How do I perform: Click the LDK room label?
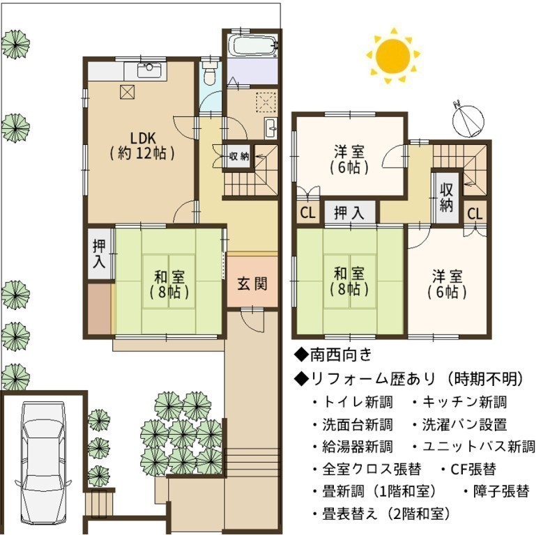[x=142, y=146]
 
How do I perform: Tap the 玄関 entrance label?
[x=252, y=284]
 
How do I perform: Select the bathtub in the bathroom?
[x=254, y=46]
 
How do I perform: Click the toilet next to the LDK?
[x=209, y=74]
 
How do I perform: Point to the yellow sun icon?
[x=393, y=55]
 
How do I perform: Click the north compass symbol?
[x=468, y=120]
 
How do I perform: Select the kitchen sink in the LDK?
[x=149, y=70]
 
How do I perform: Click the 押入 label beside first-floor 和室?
[x=100, y=254]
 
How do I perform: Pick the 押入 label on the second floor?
[x=349, y=212]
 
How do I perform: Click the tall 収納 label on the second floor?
[x=447, y=197]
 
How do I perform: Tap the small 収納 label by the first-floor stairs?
[x=239, y=157]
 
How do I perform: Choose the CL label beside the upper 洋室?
[x=308, y=213]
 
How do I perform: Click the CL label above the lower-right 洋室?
[x=475, y=214]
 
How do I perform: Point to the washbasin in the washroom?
[x=271, y=128]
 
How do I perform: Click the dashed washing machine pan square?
[x=266, y=103]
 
